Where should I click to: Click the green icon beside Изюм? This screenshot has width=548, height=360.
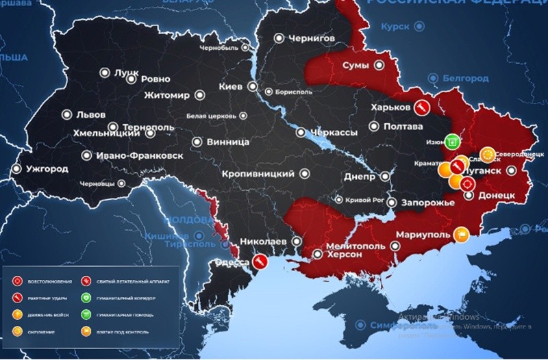[451, 142]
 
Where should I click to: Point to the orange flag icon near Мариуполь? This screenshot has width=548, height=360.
[462, 234]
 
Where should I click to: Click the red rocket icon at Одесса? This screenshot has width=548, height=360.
[260, 261]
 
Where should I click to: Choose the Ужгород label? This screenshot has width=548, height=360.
[48, 168]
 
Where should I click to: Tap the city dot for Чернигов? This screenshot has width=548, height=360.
[279, 38]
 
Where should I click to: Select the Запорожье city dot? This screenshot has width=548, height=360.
[391, 203]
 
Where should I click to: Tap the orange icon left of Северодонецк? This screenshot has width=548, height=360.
[487, 153]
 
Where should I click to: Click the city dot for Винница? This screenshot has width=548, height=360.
[197, 142]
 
